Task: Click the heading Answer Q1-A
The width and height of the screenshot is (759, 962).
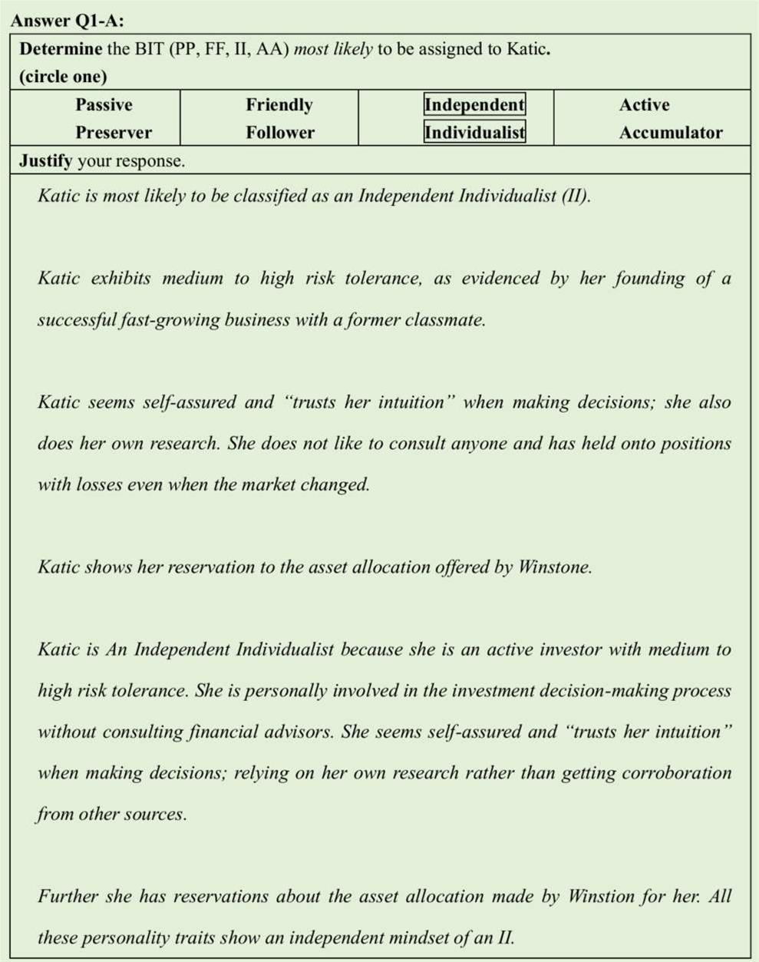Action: coord(68,20)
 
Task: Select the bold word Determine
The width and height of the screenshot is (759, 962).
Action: coord(61,49)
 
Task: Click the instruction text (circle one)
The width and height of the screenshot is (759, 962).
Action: coord(63,76)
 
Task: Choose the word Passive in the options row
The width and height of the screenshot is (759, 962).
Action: coord(104,104)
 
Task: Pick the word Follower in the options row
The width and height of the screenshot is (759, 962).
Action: coord(280,132)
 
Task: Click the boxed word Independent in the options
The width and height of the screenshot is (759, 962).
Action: coord(474,104)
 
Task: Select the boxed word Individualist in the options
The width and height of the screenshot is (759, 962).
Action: coord(475,132)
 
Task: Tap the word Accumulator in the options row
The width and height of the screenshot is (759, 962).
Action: coord(671,132)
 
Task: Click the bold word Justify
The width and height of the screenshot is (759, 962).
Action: coord(45,160)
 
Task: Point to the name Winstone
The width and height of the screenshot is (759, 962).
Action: coord(555,567)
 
